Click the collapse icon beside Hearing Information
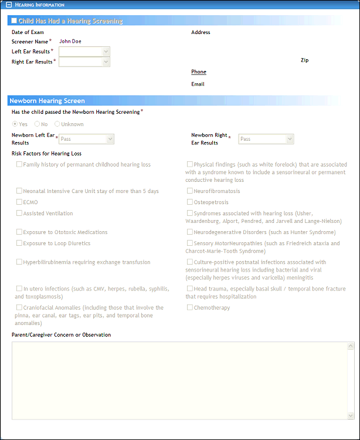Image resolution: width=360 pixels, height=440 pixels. [x=6, y=5]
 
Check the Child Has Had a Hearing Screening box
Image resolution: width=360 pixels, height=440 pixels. [x=14, y=21]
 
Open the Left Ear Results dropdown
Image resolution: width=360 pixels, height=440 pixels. [x=106, y=52]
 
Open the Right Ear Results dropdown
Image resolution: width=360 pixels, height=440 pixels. [x=106, y=62]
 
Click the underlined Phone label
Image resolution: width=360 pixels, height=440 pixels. [x=199, y=72]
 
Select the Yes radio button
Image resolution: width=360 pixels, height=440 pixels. [x=15, y=124]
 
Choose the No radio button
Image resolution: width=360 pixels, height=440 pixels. [x=37, y=124]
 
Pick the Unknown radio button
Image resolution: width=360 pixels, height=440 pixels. [x=57, y=124]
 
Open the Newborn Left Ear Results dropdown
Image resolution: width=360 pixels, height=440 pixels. [x=110, y=139]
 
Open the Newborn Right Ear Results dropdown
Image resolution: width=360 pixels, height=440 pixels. [x=290, y=139]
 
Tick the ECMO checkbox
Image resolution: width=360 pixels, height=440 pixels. [x=19, y=202]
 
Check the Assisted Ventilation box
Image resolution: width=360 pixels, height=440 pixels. [x=19, y=214]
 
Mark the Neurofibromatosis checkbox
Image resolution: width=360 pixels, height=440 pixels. [x=189, y=191]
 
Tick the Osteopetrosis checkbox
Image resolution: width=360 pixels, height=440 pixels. [x=189, y=202]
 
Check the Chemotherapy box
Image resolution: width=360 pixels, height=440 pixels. [x=189, y=307]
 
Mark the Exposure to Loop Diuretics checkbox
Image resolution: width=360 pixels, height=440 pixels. [x=19, y=243]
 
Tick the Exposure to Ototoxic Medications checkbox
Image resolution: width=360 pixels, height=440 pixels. [x=19, y=232]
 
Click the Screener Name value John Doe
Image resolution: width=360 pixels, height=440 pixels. [x=70, y=42]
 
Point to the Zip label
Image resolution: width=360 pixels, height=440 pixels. [x=304, y=60]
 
